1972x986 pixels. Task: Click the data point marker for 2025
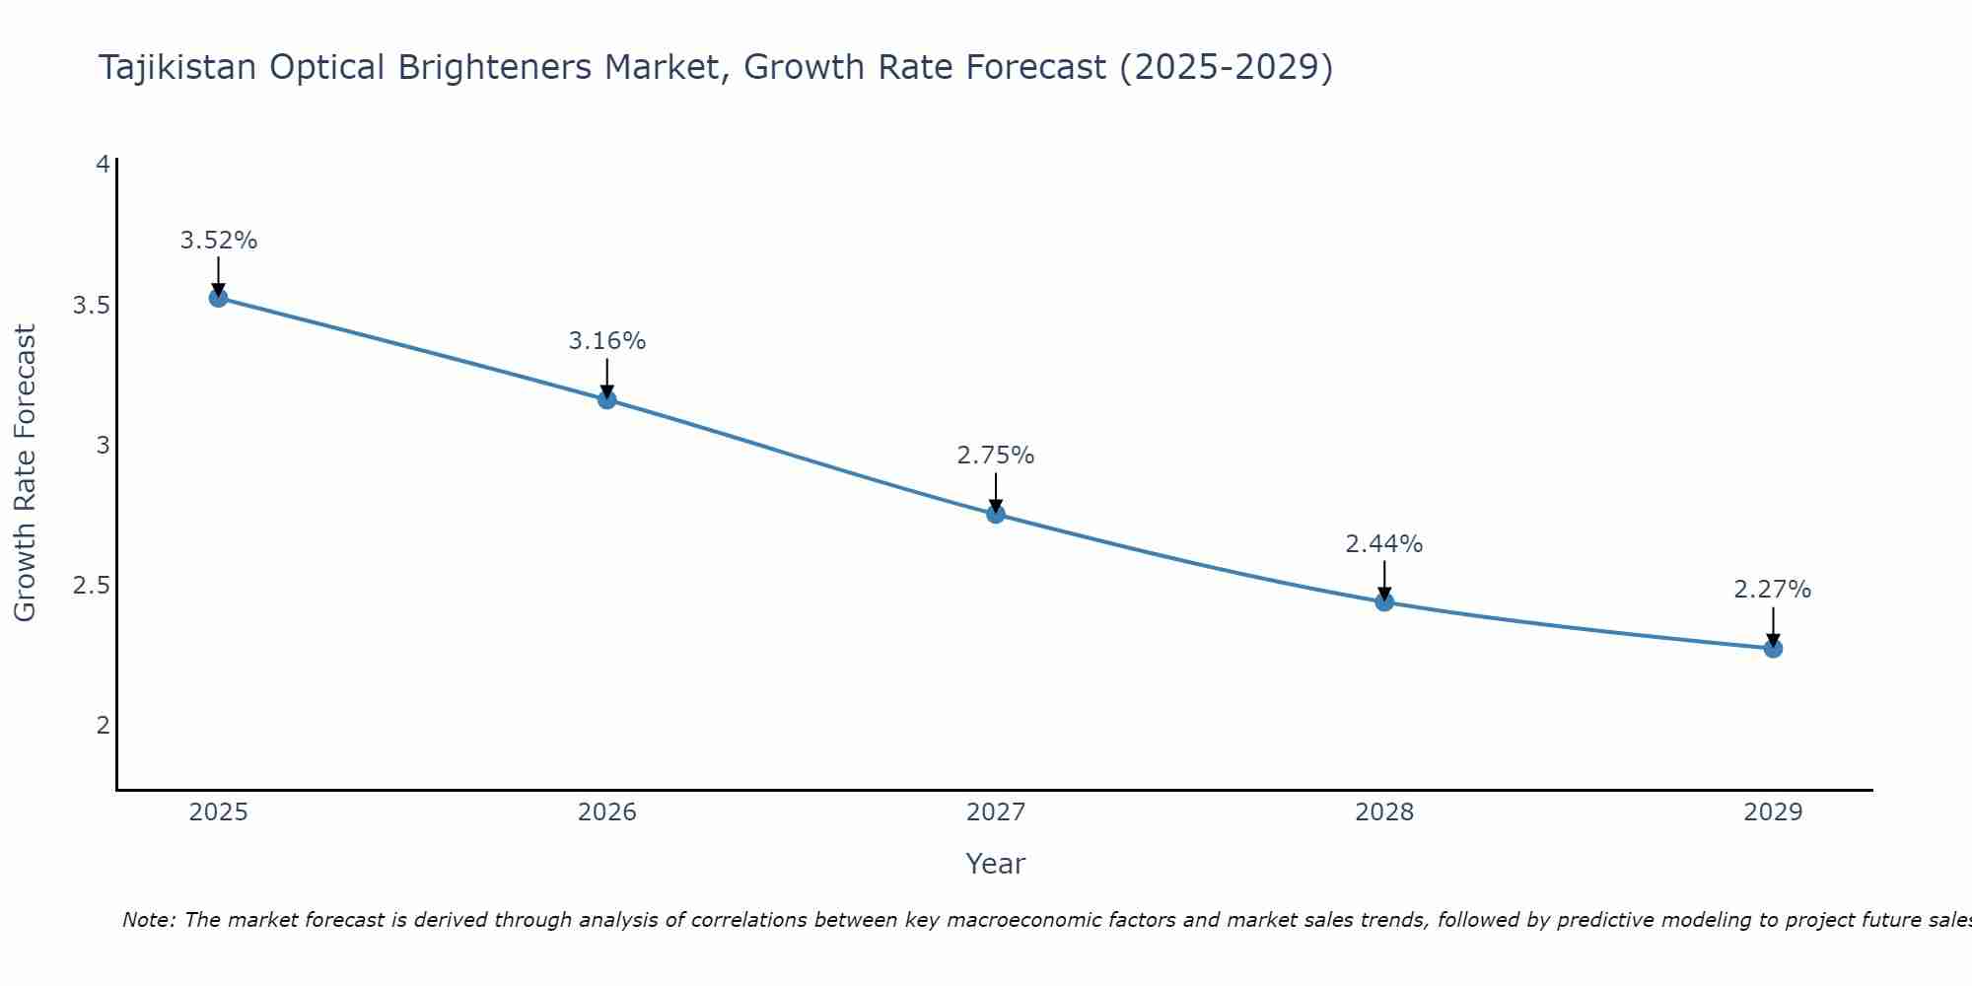point(219,298)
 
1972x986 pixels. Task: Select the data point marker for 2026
point(607,399)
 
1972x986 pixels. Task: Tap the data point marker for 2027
point(996,514)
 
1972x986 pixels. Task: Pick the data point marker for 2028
point(1384,601)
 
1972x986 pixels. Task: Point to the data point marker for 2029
point(1773,648)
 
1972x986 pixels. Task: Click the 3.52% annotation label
point(219,241)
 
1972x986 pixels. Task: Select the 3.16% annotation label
point(607,341)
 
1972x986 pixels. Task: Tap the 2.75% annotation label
point(996,456)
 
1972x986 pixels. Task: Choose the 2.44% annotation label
point(1384,544)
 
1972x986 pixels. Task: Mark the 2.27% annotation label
point(1773,590)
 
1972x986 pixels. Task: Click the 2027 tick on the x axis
point(996,812)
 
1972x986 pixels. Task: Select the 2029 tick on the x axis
point(1773,812)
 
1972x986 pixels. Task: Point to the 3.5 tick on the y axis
point(91,306)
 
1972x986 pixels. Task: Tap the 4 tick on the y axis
point(103,165)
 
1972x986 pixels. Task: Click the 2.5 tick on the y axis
point(91,586)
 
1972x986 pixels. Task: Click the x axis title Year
point(996,864)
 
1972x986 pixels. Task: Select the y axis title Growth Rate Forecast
point(25,473)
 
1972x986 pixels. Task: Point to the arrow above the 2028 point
point(1384,580)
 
